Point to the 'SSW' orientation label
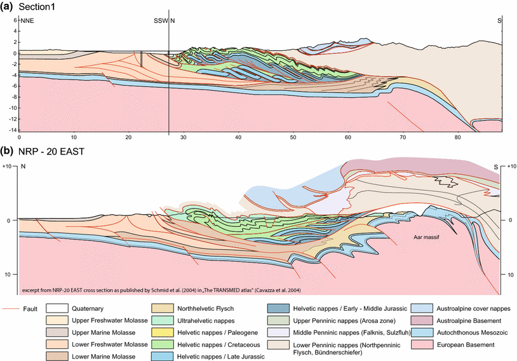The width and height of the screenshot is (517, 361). click(161, 21)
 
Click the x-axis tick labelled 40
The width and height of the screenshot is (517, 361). click(238, 137)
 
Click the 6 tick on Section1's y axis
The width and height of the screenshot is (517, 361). click(14, 20)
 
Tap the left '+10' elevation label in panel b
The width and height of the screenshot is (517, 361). click(8, 166)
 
